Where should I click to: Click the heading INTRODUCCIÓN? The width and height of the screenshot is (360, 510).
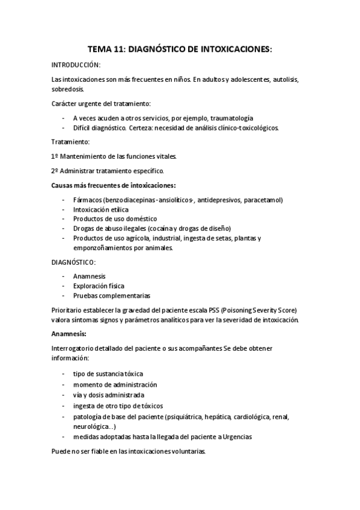[x=76, y=64]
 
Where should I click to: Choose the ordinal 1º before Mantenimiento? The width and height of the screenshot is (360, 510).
[x=55, y=156]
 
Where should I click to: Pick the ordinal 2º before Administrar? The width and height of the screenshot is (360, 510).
[x=55, y=171]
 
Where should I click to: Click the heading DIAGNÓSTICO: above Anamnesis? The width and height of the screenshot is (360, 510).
[x=74, y=262]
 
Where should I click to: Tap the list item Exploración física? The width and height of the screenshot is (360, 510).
[x=99, y=286]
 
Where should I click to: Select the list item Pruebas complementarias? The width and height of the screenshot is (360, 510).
[x=112, y=295]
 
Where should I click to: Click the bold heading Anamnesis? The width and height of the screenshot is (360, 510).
[x=69, y=334]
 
